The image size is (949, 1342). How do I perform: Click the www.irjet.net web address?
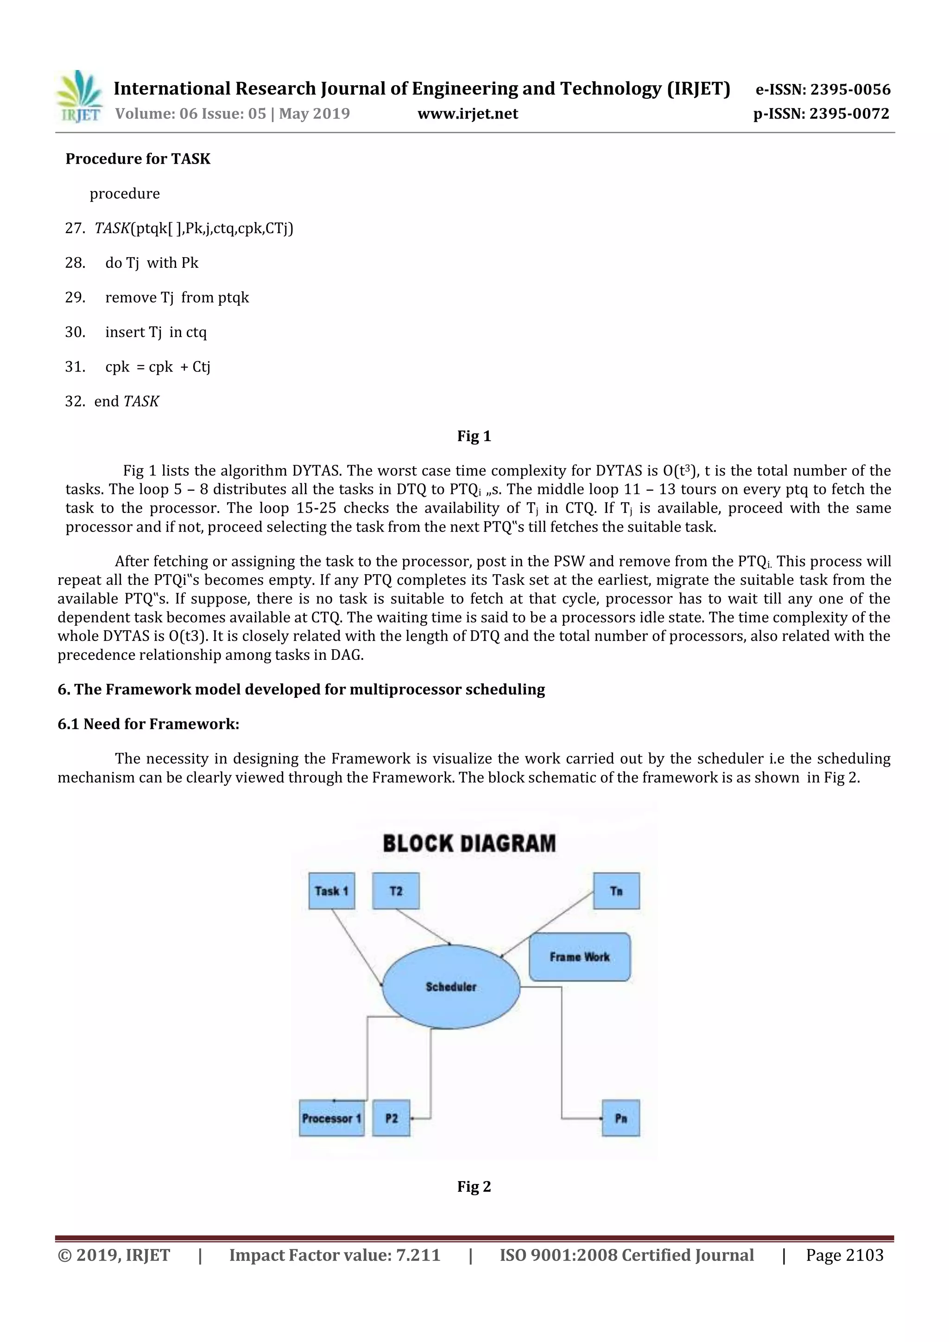tap(468, 114)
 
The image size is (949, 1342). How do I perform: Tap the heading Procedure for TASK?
tap(138, 159)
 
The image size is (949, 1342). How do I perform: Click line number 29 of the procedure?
tap(75, 298)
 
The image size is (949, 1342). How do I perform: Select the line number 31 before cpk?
tap(75, 367)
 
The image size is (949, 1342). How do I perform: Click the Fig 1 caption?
tap(474, 436)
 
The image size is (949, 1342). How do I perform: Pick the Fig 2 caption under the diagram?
tap(474, 1186)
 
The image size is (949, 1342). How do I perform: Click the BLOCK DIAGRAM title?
tap(469, 843)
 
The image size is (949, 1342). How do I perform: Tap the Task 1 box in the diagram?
tap(331, 891)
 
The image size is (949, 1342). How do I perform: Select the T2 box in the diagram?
tap(396, 891)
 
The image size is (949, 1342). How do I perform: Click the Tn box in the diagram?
tap(616, 891)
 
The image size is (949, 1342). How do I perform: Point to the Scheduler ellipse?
tap(450, 987)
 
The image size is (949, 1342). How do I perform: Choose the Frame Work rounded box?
tap(579, 957)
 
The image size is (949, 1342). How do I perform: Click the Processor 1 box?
tap(331, 1118)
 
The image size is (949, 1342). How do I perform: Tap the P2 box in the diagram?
tap(391, 1118)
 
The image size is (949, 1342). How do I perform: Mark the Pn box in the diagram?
tap(620, 1118)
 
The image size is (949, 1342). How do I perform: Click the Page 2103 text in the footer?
tap(844, 1255)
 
